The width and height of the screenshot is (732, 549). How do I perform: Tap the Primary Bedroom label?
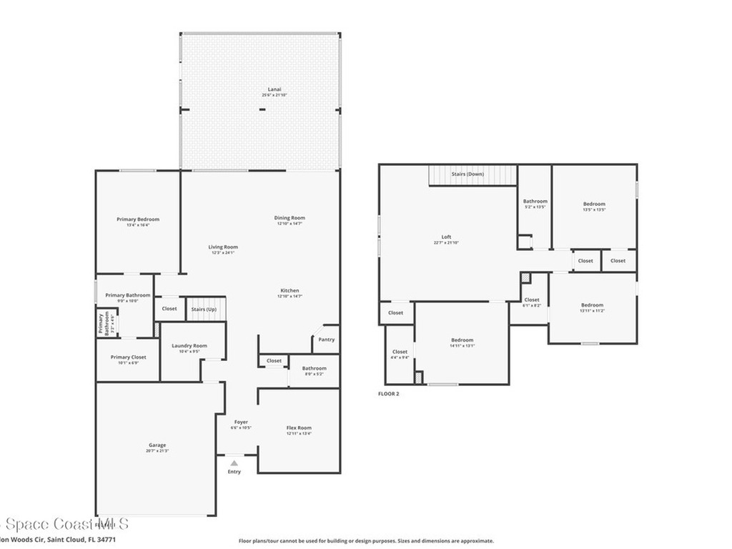pyautogui.click(x=138, y=219)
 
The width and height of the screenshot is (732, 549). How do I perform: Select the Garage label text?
pyautogui.click(x=157, y=445)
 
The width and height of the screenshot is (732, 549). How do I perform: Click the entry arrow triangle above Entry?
pyautogui.click(x=234, y=463)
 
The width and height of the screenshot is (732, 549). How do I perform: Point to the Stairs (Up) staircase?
pyautogui.click(x=205, y=309)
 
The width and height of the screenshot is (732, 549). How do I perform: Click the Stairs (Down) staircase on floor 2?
pyautogui.click(x=473, y=174)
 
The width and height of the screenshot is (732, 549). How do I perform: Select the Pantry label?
pyautogui.click(x=326, y=340)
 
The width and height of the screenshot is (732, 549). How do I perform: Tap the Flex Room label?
pyautogui.click(x=298, y=427)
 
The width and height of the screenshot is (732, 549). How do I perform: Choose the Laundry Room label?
pyautogui.click(x=189, y=346)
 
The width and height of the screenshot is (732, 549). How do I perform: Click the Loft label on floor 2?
pyautogui.click(x=446, y=237)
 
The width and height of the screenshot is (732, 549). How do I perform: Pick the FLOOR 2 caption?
pyautogui.click(x=388, y=393)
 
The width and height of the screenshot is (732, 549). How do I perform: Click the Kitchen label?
pyautogui.click(x=290, y=290)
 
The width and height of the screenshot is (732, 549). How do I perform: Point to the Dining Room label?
pyautogui.click(x=290, y=218)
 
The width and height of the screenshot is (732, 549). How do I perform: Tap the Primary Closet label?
pyautogui.click(x=128, y=357)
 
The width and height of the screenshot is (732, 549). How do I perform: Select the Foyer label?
pyautogui.click(x=241, y=422)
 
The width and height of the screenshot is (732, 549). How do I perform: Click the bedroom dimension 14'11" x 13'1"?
pyautogui.click(x=462, y=346)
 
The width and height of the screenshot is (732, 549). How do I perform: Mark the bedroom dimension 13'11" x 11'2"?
pyautogui.click(x=592, y=311)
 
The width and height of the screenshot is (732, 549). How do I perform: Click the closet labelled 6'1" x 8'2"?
pyautogui.click(x=532, y=305)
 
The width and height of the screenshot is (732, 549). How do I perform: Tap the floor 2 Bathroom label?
pyautogui.click(x=535, y=202)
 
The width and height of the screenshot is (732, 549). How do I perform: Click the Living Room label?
pyautogui.click(x=223, y=247)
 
